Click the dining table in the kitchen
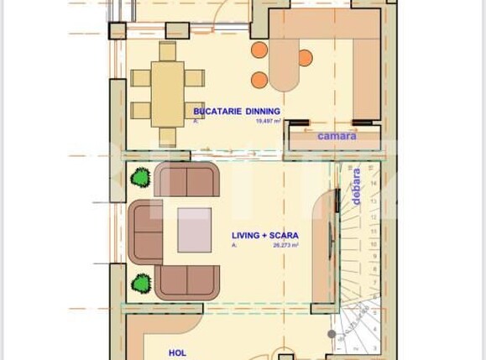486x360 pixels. (168, 93)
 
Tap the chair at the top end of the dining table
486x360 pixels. (168, 51)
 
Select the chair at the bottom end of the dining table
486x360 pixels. (168, 136)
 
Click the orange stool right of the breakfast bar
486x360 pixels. (305, 58)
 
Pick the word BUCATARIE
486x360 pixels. (213, 111)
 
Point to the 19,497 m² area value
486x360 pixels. (268, 121)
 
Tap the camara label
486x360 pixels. (336, 136)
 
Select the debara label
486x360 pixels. (357, 186)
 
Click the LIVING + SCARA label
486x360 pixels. (264, 236)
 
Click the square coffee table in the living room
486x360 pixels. (195, 230)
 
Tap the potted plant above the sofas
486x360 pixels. (141, 177)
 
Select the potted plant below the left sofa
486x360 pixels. (141, 283)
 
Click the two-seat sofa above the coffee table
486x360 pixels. (187, 180)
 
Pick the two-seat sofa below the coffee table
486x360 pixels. (187, 282)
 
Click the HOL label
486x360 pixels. (177, 353)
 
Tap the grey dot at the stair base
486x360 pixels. (332, 334)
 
